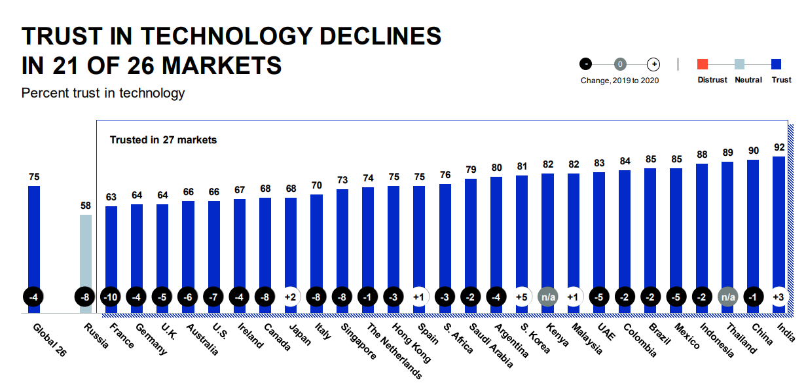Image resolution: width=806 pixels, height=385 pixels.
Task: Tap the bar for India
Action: [x=779, y=223]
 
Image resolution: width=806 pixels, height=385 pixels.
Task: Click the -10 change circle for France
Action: [x=111, y=296]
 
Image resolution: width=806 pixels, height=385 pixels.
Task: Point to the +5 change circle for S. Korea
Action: [x=522, y=296]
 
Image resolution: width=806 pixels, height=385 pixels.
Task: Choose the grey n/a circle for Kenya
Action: [x=547, y=296]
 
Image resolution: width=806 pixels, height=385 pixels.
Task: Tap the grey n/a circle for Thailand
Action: [x=727, y=296]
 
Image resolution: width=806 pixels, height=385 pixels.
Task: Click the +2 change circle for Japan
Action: [x=291, y=296]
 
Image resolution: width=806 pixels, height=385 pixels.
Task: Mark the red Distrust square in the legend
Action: [x=703, y=64]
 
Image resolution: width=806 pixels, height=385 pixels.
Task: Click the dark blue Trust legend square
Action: [x=777, y=64]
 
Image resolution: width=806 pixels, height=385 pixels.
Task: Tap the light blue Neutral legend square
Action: [x=739, y=64]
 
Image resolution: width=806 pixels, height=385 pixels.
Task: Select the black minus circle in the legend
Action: [x=585, y=64]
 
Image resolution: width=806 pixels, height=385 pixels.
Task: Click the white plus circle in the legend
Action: [x=653, y=64]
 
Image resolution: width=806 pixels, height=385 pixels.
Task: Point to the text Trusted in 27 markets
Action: [x=163, y=139]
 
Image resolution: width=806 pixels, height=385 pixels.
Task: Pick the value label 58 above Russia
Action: [x=86, y=206]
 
